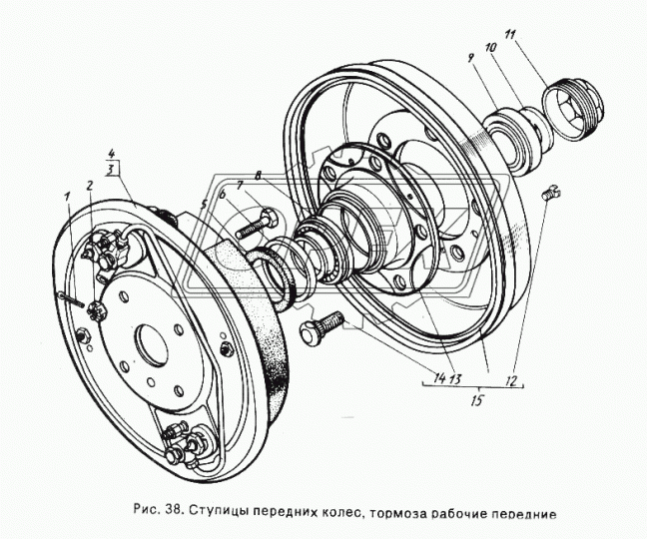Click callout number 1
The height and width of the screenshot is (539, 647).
[x=68, y=196]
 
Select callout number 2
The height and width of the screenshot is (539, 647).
[x=90, y=185]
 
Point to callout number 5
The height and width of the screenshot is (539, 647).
[x=204, y=205]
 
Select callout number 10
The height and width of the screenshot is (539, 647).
[x=490, y=47]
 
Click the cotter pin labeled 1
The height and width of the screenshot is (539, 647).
[x=71, y=298]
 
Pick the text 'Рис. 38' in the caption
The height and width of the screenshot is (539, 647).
[x=159, y=514]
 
